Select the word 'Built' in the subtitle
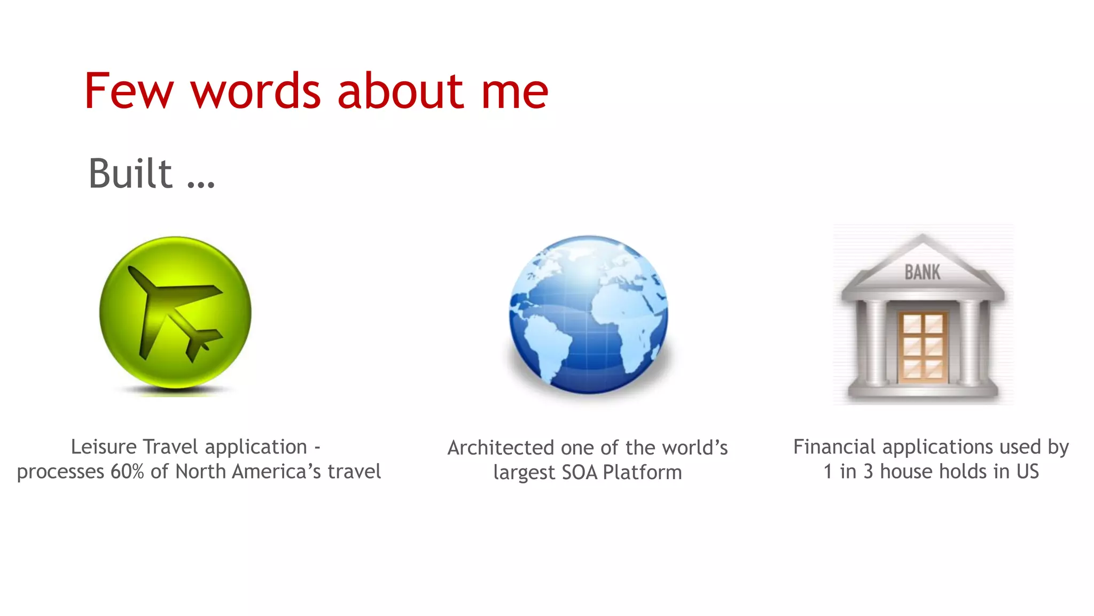click(x=130, y=173)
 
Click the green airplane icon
click(x=175, y=313)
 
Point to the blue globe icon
click(x=588, y=314)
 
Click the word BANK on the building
click(x=923, y=272)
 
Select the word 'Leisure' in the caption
click(x=104, y=446)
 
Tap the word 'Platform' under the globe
click(x=642, y=473)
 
